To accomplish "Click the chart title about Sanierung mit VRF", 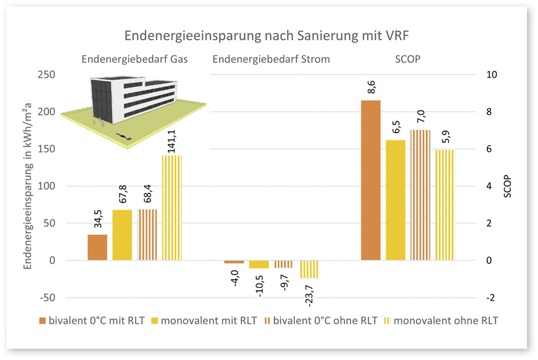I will tap(270, 36).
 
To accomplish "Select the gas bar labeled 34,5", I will tap(97, 247).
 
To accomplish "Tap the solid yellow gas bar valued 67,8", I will tap(122, 235).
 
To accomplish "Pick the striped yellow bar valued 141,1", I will tap(172, 208).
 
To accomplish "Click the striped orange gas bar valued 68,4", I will tap(147, 235).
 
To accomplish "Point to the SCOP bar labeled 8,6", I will tap(370, 180).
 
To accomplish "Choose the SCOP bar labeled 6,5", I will tap(395, 200).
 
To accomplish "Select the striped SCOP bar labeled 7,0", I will tap(420, 195).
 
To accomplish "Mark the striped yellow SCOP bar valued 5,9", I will tap(445, 205).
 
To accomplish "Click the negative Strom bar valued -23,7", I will tap(309, 269).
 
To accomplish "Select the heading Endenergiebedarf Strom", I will tap(271, 59).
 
